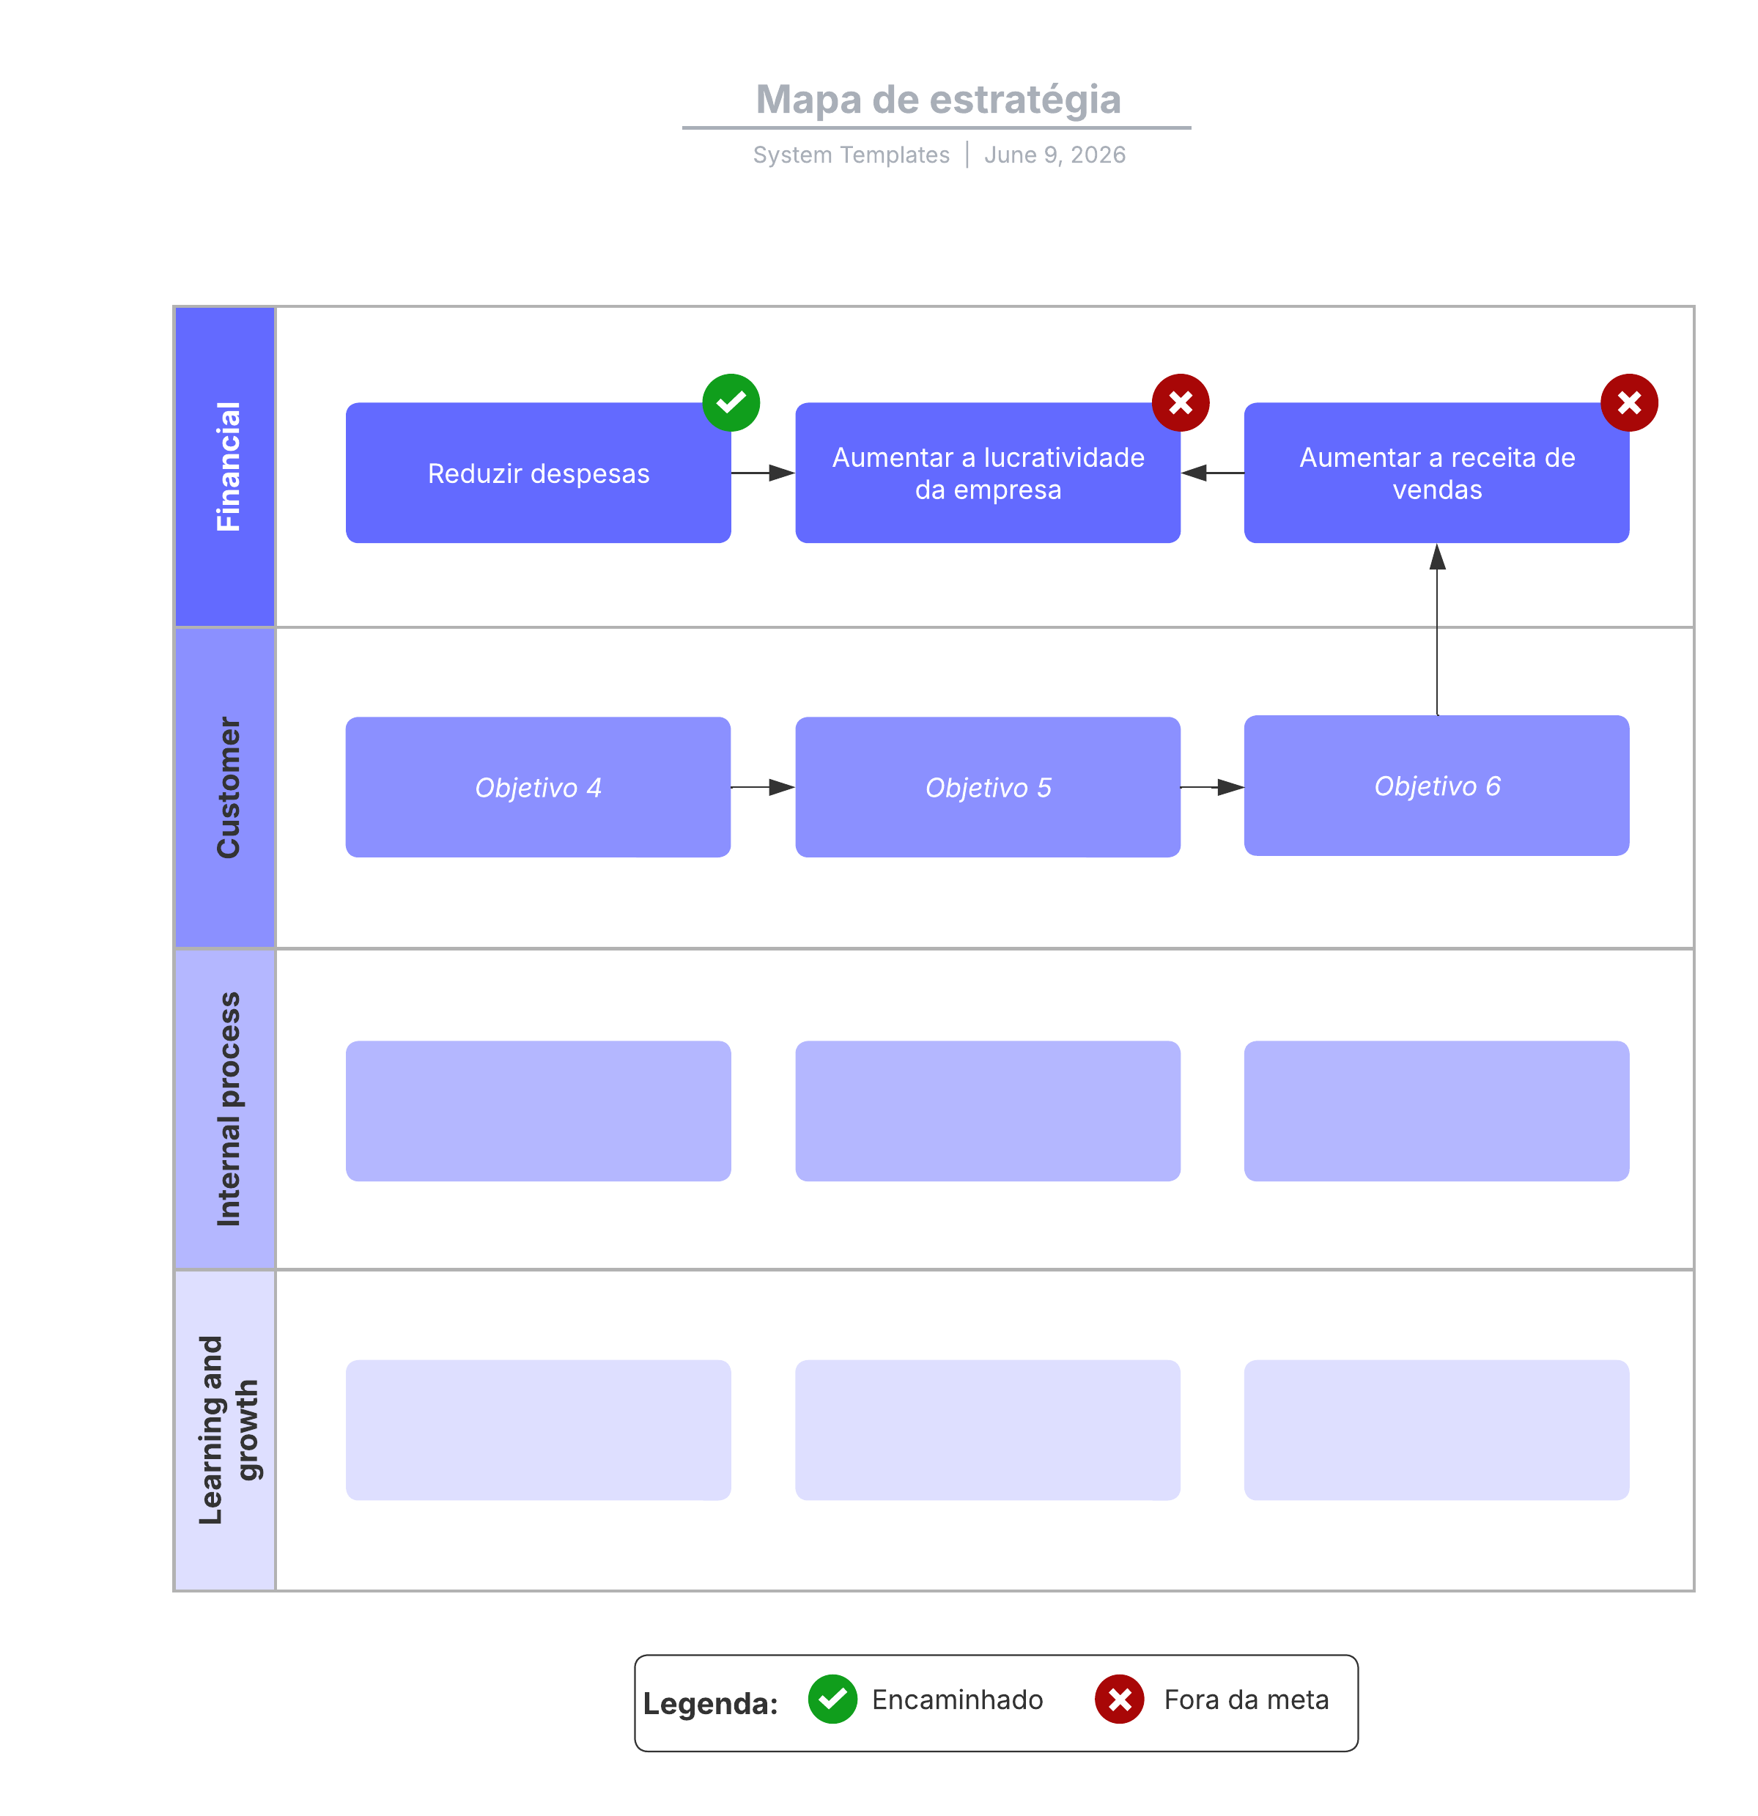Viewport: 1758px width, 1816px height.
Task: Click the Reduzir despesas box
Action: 538,473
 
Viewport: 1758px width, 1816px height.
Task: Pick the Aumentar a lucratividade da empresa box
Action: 987,473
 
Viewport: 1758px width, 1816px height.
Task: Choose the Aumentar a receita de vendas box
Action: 1436,473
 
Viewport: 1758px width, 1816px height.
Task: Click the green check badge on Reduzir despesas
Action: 731,402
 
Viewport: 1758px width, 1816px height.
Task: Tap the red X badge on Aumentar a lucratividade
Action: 1180,402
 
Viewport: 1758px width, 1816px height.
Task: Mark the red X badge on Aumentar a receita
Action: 1629,402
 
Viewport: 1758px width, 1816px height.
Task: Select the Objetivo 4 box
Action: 538,786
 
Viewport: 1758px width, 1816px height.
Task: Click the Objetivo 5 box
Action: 987,786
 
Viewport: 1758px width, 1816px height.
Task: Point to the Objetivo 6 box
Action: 1436,786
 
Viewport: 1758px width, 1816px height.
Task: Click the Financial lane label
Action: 228,466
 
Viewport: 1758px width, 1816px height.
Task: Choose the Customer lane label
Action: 228,786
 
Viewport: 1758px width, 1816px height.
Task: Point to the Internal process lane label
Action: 228,1108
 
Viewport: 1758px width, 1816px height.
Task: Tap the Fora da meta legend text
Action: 1246,1699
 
